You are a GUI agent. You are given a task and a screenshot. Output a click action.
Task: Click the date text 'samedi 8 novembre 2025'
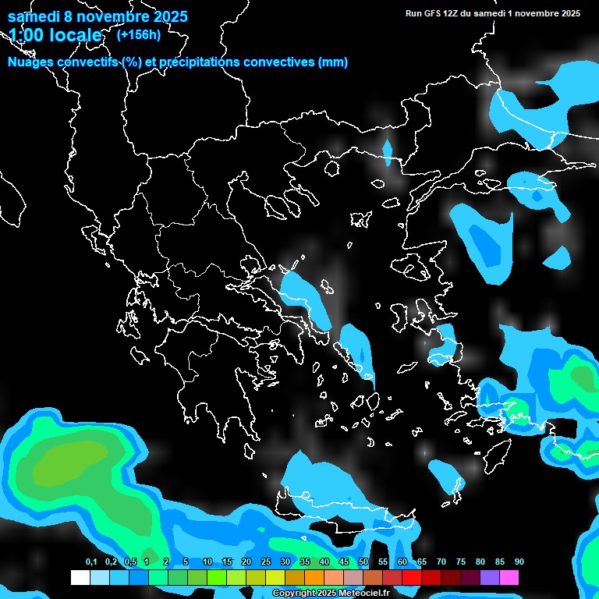tap(97, 16)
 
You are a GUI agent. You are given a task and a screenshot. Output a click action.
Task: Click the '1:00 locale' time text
tap(55, 35)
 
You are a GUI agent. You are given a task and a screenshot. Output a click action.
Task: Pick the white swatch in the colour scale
tap(80, 578)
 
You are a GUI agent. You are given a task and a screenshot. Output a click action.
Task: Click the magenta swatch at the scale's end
tap(509, 578)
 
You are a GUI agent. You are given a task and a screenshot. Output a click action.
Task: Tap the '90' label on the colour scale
tap(519, 562)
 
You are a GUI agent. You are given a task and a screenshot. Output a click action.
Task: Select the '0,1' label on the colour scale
tap(91, 562)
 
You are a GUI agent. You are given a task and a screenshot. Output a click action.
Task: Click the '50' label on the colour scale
tap(363, 562)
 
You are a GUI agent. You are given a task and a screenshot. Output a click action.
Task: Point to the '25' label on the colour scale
tap(266, 562)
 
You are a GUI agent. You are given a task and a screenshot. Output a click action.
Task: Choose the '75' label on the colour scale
tap(461, 562)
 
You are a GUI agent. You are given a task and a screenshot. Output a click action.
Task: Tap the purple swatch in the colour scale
tap(490, 578)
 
